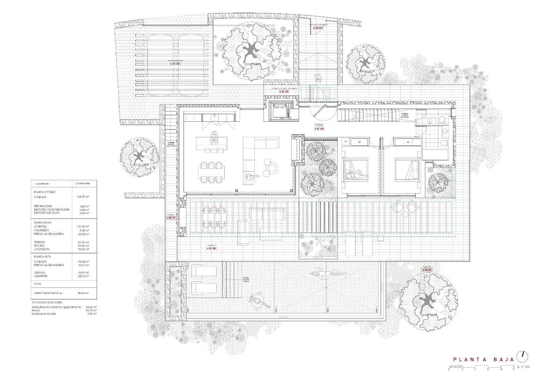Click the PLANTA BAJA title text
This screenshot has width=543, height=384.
click(483, 359)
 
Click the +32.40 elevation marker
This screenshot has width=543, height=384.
click(317, 28)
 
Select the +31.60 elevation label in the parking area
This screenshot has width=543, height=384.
click(174, 64)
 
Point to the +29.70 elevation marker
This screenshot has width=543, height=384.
click(171, 218)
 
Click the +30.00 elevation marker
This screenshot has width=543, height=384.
click(427, 270)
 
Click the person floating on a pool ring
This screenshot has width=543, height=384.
click(259, 301)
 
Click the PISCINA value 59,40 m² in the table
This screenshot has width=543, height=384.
click(82, 246)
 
